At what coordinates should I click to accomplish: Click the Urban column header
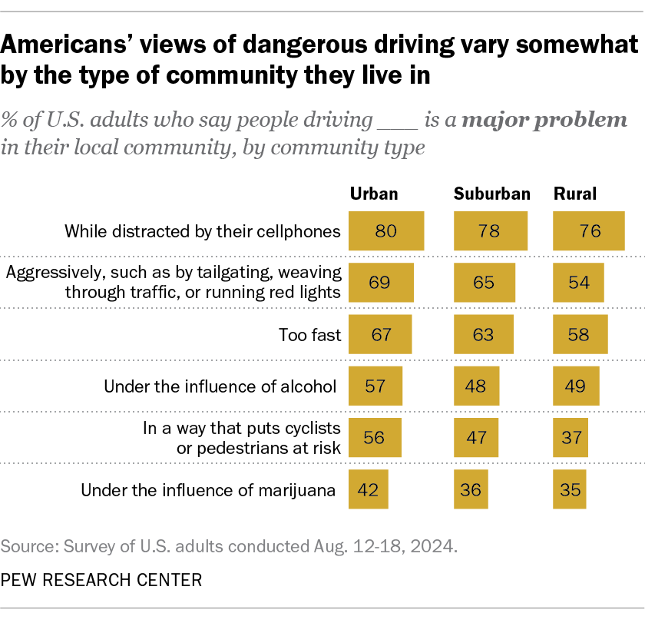point(374,194)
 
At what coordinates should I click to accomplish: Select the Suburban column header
point(492,194)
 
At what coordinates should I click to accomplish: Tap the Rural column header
point(574,194)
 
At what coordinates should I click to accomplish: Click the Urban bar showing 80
point(386,231)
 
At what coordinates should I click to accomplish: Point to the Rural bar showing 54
point(579,283)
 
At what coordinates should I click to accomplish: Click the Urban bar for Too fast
point(380,334)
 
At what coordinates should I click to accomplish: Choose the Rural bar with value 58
point(581,334)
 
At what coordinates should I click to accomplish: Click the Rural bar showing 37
point(571,437)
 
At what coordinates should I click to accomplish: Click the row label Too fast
point(312,335)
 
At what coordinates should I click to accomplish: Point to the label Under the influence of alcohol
point(220,386)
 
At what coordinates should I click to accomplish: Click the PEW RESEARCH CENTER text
point(101,580)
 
